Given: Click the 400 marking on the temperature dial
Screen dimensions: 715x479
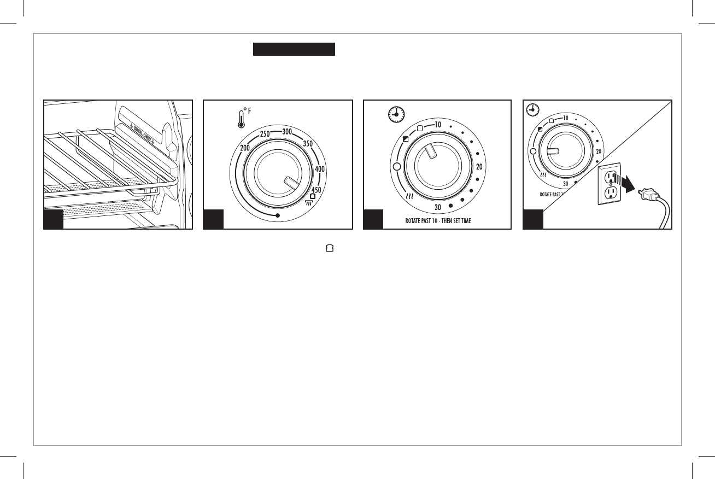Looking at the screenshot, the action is (x=321, y=170).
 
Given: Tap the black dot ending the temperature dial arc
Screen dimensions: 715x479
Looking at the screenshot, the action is (x=278, y=216).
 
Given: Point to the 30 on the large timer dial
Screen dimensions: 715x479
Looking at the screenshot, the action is (x=438, y=207).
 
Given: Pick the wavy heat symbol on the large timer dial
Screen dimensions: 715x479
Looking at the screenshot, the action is (x=407, y=197).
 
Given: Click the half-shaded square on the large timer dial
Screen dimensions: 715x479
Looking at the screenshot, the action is (x=406, y=139).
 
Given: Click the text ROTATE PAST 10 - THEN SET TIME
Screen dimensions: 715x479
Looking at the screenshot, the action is (x=437, y=221).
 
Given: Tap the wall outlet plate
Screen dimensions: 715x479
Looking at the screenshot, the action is (x=611, y=184).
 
